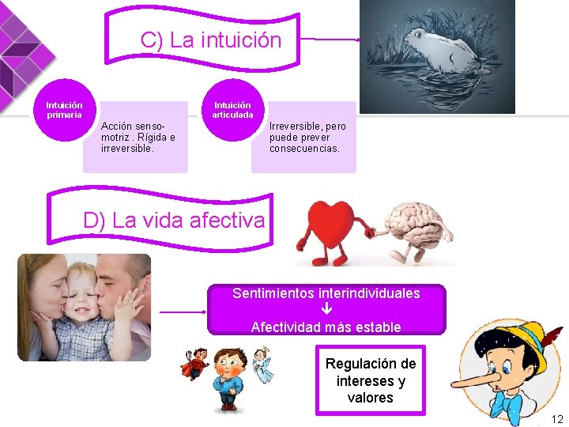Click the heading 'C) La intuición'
coord(210,40)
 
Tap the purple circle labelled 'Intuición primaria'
coord(64,111)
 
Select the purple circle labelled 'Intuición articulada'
coord(232,111)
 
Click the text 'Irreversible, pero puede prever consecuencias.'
coord(307,137)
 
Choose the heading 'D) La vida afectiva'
coord(174,220)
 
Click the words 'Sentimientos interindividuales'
coord(326,293)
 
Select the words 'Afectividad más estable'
coord(326,327)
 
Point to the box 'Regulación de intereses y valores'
coord(370,380)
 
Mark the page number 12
coord(557,418)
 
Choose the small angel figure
coord(261,363)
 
